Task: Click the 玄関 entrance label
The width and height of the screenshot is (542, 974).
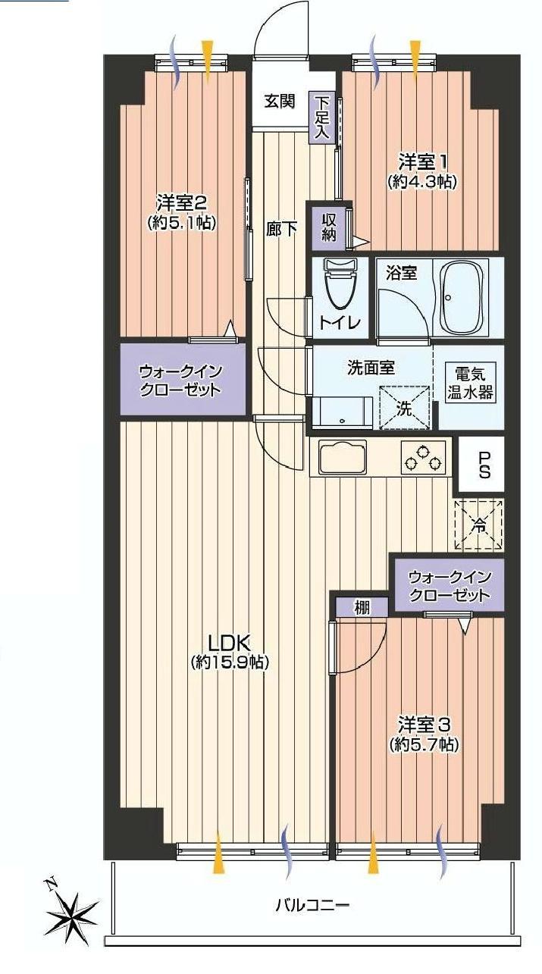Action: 279,101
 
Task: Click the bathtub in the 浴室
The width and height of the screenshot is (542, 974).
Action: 465,298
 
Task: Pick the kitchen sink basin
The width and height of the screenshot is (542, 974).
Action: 343,457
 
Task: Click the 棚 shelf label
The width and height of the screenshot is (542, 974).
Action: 362,606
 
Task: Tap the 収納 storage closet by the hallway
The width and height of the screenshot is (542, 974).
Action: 329,227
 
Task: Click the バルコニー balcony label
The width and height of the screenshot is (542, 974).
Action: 312,905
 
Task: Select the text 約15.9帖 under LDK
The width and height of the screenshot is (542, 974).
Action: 229,662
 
